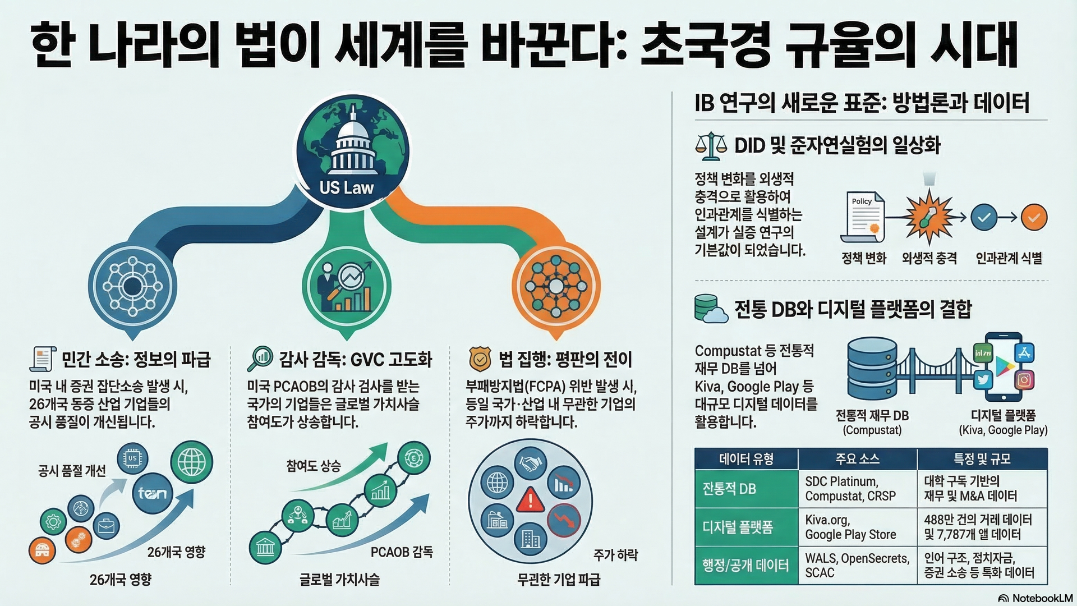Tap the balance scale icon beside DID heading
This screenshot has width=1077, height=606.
710,145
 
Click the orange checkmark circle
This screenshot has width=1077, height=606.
1034,217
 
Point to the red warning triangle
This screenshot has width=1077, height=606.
530,499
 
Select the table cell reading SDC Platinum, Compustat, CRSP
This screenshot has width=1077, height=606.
857,489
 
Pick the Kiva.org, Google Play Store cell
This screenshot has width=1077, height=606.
857,527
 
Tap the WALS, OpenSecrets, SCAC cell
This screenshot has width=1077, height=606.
857,566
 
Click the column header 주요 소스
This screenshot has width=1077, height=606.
858,459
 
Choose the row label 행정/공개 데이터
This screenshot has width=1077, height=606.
745,565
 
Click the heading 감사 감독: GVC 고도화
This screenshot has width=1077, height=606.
356,359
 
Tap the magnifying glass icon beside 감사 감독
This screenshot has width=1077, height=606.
260,359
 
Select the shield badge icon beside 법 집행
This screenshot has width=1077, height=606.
480,359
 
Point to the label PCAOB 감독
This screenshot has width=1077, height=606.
402,552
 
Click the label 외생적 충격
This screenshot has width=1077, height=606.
929,258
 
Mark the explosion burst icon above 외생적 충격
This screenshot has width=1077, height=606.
929,217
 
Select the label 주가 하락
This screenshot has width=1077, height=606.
616,555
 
